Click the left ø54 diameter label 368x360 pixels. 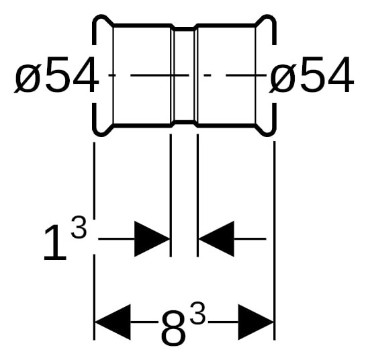(x=56, y=75)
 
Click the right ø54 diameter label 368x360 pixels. (x=311, y=75)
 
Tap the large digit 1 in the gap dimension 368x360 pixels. (x=55, y=242)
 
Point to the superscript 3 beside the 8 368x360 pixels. (x=198, y=312)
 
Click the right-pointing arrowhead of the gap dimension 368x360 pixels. (x=152, y=239)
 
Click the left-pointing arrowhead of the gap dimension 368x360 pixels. (x=216, y=239)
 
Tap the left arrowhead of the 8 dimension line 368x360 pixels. (x=112, y=322)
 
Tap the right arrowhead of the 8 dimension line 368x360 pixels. (x=256, y=322)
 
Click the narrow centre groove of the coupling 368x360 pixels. (x=184, y=75)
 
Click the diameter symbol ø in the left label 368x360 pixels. (x=28, y=78)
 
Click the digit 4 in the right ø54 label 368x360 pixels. (x=340, y=75)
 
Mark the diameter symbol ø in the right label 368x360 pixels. (x=283, y=78)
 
